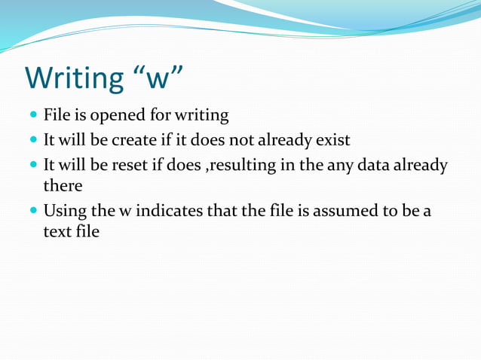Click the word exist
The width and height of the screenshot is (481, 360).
[x=332, y=139]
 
